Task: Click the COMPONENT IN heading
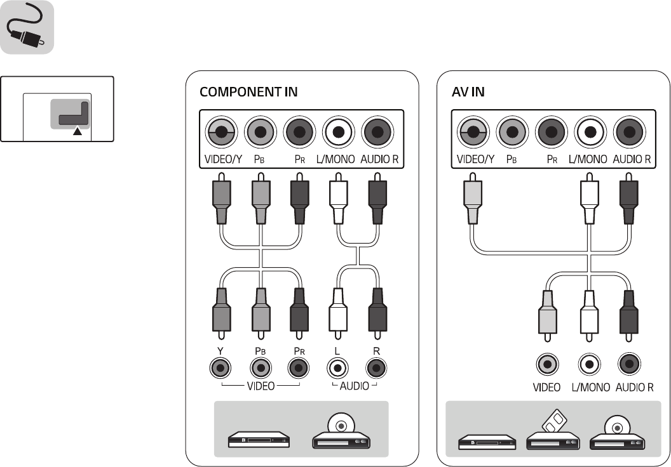click(x=248, y=92)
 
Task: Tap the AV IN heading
click(x=468, y=92)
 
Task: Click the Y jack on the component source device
click(x=220, y=367)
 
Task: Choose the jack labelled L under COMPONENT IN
click(x=337, y=367)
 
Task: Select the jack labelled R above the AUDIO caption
click(x=377, y=367)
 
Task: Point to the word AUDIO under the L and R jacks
click(x=354, y=386)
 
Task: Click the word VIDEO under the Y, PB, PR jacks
click(x=261, y=386)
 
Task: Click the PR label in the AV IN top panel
click(x=552, y=160)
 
